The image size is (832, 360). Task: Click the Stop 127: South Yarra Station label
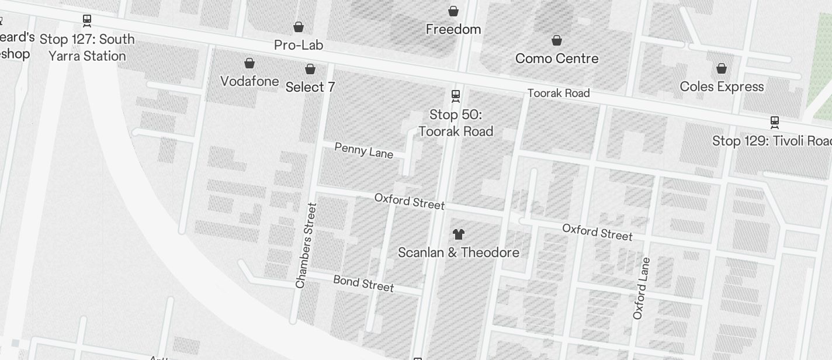point(87,47)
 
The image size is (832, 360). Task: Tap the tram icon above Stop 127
point(87,21)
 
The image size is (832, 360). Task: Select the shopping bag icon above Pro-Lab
point(299,27)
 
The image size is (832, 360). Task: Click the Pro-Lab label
point(299,45)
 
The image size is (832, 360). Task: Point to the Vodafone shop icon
point(249,63)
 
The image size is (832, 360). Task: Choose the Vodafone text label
point(249,81)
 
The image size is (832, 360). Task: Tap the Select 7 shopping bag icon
point(310,70)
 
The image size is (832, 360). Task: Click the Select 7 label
point(310,87)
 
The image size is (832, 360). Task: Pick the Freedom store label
point(453,29)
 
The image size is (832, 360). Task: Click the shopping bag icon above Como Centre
point(557,40)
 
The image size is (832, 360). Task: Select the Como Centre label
point(557,58)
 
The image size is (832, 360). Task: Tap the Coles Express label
point(722,86)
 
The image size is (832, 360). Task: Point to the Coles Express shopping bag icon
point(722,68)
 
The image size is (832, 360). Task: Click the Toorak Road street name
point(559,93)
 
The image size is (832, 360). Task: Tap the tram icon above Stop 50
point(456,95)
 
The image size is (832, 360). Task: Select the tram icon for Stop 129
point(775,122)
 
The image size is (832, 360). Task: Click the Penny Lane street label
point(364,150)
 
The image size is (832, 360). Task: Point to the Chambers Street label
point(306,245)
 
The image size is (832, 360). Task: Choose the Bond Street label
point(363,283)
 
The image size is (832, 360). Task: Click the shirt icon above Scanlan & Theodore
point(459,234)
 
